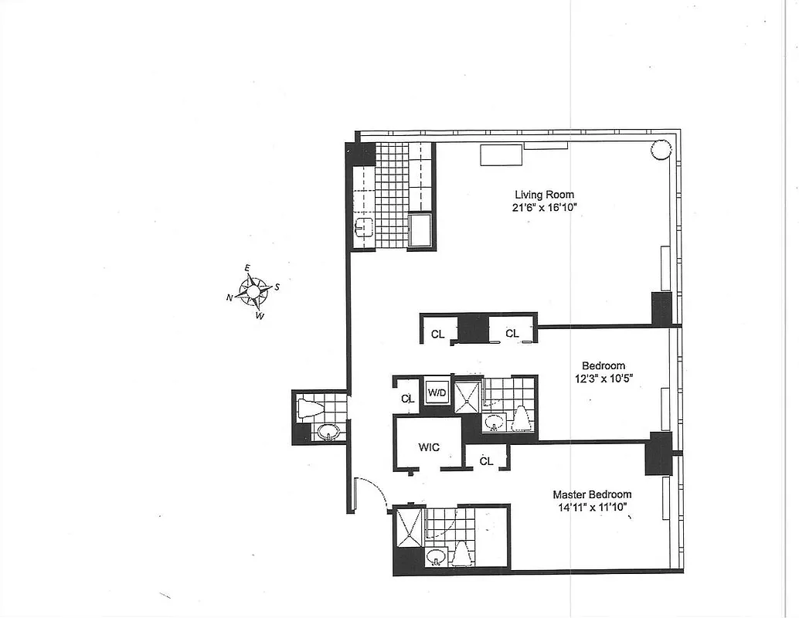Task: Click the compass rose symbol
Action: tap(253, 291)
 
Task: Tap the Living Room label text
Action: tap(544, 195)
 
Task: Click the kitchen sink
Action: tap(364, 227)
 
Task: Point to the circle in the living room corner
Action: tap(661, 149)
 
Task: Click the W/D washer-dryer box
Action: tap(437, 393)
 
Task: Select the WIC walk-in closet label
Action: tap(430, 447)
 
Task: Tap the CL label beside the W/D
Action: tap(407, 399)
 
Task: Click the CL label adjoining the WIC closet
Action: tap(486, 461)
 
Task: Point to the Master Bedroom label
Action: tap(591, 494)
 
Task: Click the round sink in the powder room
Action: tap(328, 433)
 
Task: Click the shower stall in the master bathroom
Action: tap(408, 528)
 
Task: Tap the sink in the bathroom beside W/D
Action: tap(495, 422)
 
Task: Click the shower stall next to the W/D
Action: tap(467, 398)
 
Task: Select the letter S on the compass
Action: tap(277, 287)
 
